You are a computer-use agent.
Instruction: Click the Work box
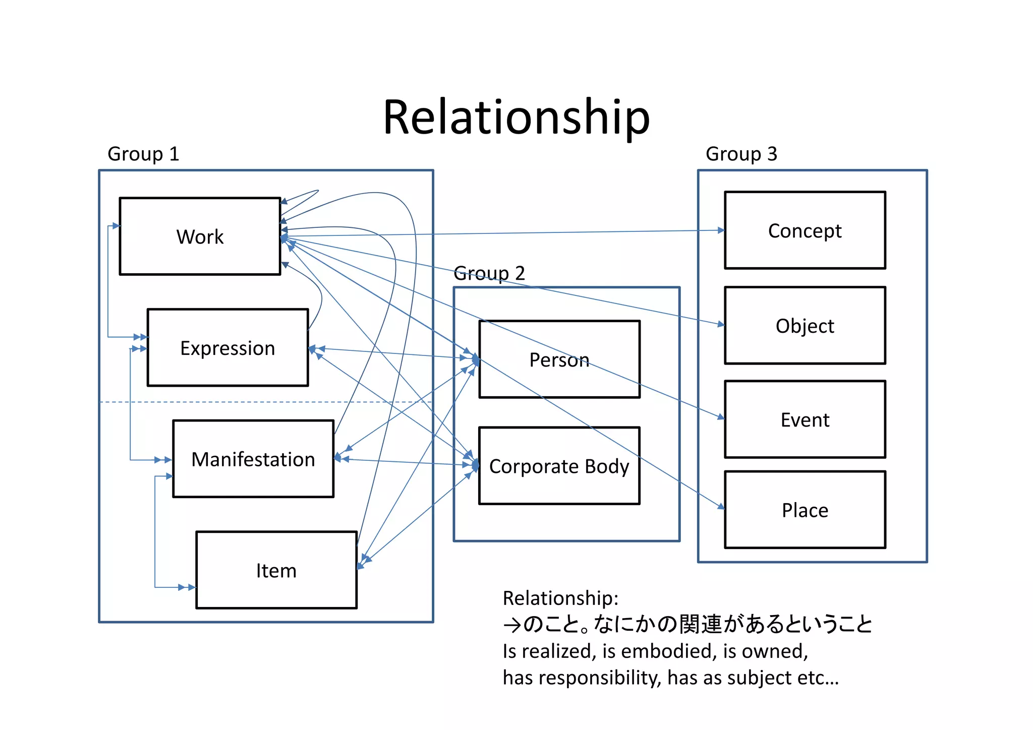(x=200, y=236)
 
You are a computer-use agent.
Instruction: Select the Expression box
(x=227, y=348)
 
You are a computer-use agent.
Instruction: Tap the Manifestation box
(x=253, y=459)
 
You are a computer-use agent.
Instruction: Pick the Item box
(x=276, y=570)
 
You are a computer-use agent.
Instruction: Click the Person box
(x=559, y=359)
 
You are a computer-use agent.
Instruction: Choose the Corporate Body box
(x=559, y=466)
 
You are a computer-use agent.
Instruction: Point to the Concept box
(x=805, y=230)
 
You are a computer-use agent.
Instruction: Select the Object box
(x=805, y=326)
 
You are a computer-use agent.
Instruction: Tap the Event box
(x=805, y=419)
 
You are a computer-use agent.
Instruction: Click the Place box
(x=805, y=510)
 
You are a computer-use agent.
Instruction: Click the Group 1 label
(x=143, y=154)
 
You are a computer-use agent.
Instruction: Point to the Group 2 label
(x=489, y=273)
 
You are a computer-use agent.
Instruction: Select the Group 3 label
(x=741, y=154)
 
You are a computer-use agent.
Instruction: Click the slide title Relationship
(x=516, y=117)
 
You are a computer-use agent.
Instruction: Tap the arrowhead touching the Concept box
(x=721, y=230)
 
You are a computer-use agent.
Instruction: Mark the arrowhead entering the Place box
(x=721, y=506)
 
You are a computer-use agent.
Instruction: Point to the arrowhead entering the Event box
(x=721, y=417)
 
